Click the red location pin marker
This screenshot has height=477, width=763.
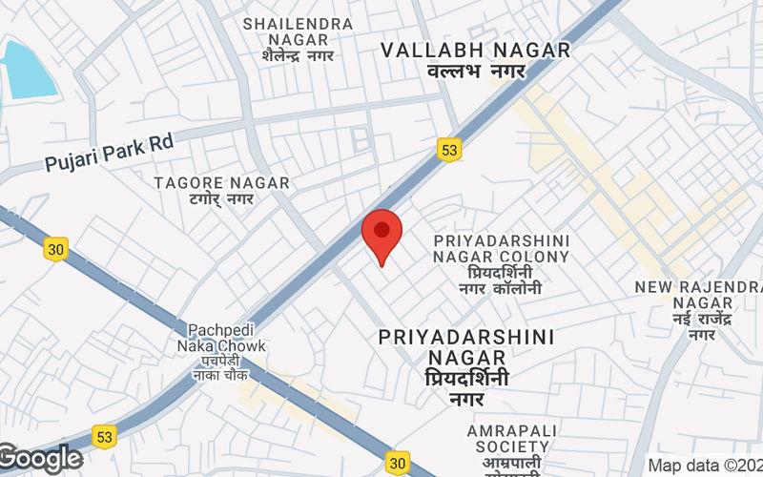point(382,234)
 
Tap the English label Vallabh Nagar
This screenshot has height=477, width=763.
point(475,51)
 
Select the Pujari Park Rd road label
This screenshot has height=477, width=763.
point(110,153)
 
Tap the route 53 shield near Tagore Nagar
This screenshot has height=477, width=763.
point(449,149)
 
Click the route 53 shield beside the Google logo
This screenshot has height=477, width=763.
point(104,436)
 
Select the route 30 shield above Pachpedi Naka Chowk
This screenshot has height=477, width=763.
point(55,249)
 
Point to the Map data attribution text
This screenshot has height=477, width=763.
point(704,466)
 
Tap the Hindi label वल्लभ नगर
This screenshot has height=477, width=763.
point(475,72)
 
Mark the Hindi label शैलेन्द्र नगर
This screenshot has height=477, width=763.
point(298,55)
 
